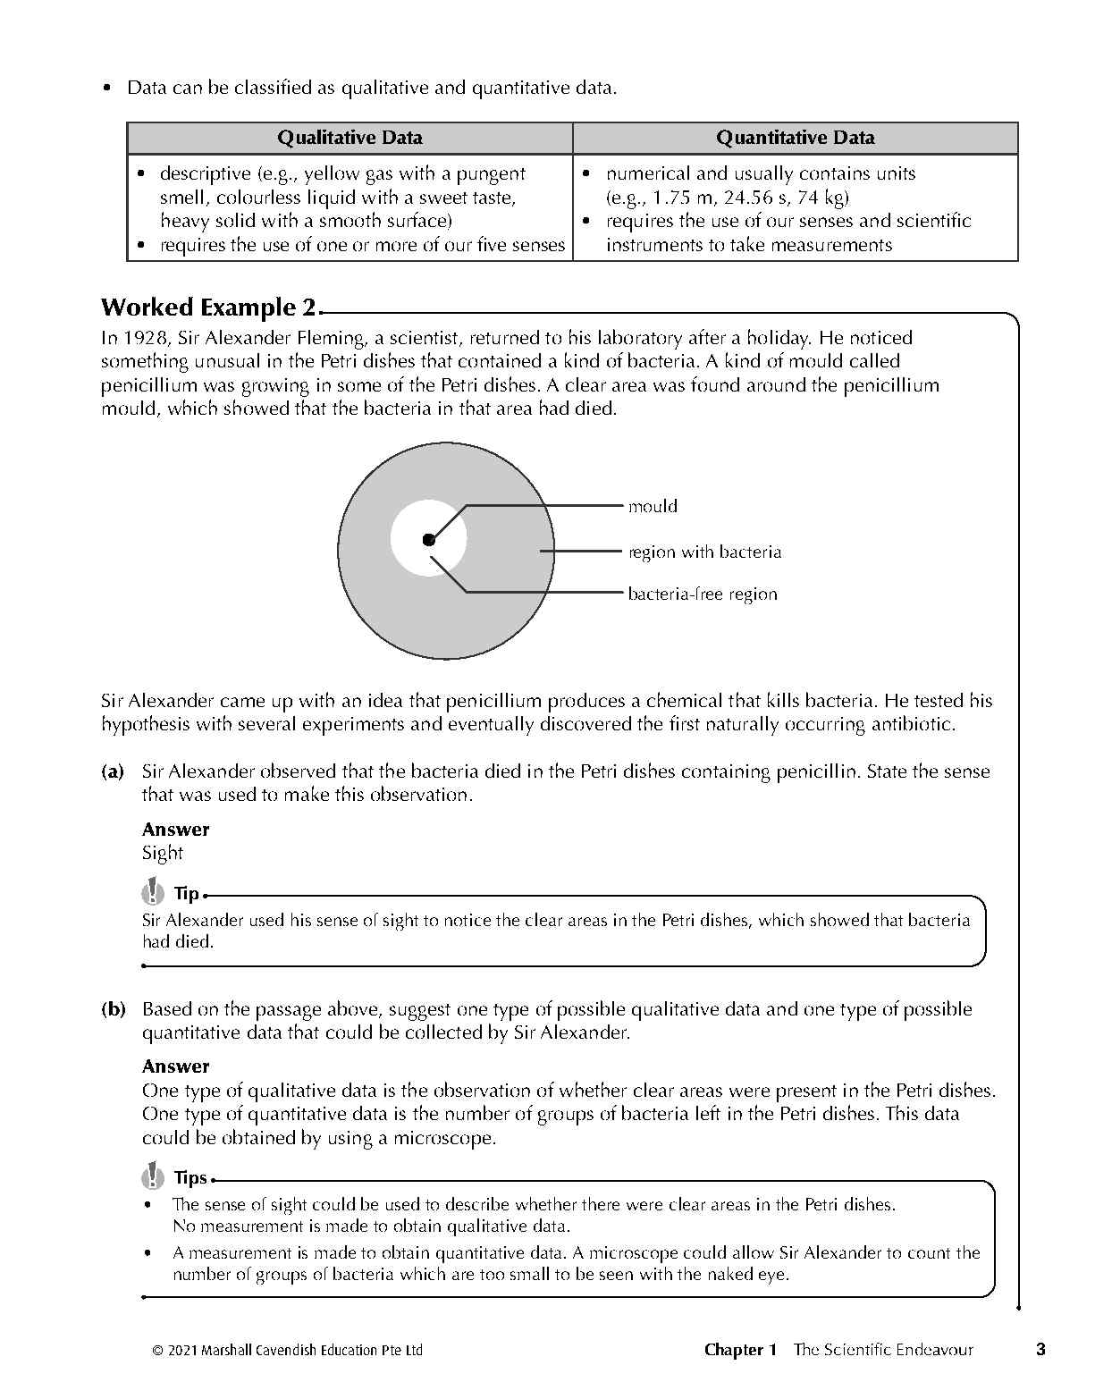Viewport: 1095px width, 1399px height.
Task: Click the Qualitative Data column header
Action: [350, 138]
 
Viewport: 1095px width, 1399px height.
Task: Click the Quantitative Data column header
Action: [795, 138]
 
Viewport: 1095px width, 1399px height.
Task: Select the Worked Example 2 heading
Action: [208, 308]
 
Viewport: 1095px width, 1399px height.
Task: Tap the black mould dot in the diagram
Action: [429, 539]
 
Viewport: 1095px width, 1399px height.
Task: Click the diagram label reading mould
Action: [653, 506]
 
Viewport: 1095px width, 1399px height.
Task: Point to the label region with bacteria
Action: [704, 552]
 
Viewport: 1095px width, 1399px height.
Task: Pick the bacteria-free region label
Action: [702, 594]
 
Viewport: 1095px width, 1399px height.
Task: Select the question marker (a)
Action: [113, 771]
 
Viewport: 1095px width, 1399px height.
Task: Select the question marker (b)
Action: [113, 1009]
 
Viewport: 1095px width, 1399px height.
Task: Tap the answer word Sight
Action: [162, 853]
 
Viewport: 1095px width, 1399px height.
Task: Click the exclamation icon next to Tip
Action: [154, 891]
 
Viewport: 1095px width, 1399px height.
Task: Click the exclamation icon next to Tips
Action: [154, 1175]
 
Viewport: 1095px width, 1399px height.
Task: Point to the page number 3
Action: [1040, 1350]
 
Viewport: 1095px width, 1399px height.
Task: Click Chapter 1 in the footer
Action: [740, 1350]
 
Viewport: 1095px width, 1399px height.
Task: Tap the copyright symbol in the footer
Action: [158, 1351]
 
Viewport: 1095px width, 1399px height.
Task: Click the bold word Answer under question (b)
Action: [175, 1066]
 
